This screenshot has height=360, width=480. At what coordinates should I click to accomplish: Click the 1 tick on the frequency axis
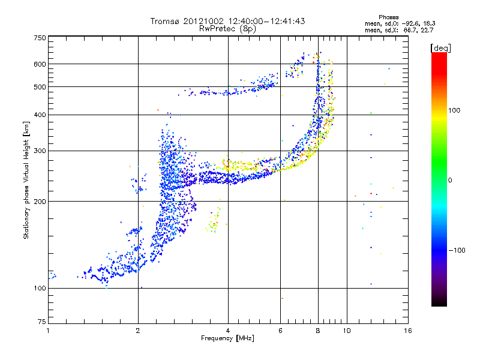pyautogui.click(x=49, y=331)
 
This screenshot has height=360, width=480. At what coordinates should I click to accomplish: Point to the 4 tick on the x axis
pyautogui.click(x=228, y=331)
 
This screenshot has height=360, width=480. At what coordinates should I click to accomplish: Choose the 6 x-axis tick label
pyautogui.click(x=280, y=331)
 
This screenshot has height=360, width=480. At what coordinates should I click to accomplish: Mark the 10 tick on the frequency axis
pyautogui.click(x=346, y=331)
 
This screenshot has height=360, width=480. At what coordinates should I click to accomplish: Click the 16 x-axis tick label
pyautogui.click(x=407, y=331)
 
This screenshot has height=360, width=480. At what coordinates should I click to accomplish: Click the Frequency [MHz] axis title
pyautogui.click(x=227, y=338)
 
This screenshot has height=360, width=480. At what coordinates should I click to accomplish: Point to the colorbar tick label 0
pyautogui.click(x=449, y=180)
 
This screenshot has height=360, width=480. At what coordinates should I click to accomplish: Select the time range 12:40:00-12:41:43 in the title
pyautogui.click(x=259, y=21)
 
